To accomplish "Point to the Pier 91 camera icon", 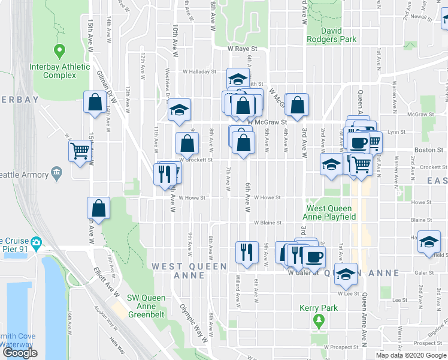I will tap(37, 243).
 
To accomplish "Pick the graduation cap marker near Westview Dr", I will tap(178, 110).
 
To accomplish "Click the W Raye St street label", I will tap(241, 49).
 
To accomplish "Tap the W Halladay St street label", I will tap(199, 71).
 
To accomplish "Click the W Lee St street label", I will tap(347, 293).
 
